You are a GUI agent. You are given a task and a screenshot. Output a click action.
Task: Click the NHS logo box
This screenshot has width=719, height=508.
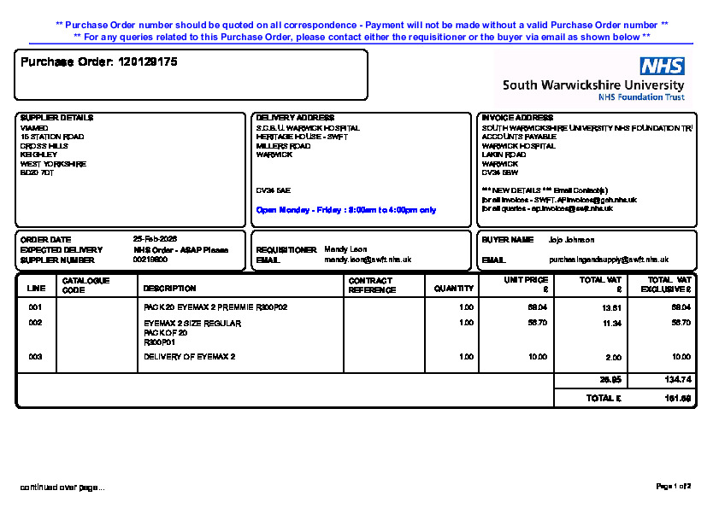[662, 67]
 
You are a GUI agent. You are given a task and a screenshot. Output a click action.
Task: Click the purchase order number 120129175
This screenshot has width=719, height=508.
[148, 62]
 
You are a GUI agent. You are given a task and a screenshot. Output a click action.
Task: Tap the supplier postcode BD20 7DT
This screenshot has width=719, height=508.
[37, 172]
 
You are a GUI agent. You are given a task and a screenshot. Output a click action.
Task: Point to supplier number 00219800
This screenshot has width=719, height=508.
[150, 259]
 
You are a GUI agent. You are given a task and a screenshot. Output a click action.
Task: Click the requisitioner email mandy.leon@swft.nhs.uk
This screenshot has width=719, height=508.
[368, 259]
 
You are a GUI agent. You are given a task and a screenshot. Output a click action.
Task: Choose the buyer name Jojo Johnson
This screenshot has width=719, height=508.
[571, 240]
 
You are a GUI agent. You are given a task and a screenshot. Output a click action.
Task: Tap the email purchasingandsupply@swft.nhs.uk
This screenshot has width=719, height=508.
[609, 259]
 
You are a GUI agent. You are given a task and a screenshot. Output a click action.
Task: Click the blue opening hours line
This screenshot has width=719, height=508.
[346, 209]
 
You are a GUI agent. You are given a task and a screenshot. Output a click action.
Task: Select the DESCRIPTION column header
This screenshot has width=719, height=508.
[169, 289]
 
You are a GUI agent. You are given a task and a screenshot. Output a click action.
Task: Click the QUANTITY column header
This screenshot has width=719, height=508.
[453, 289]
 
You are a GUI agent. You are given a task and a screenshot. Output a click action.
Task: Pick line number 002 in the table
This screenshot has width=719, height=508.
[35, 324]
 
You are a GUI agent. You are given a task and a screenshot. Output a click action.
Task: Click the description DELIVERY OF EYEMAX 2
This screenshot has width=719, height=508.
[189, 357]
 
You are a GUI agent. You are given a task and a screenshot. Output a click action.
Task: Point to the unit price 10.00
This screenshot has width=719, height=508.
[538, 357]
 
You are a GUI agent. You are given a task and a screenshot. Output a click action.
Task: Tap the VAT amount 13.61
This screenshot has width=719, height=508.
[612, 307]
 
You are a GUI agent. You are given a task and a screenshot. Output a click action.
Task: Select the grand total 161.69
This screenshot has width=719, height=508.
[678, 399]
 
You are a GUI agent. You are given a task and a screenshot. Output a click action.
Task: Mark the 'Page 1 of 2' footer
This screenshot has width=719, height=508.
[673, 486]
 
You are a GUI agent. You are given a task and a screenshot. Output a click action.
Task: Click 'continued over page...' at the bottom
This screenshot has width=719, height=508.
[62, 488]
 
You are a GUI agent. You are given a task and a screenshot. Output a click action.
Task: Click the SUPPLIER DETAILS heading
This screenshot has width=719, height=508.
[56, 118]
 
